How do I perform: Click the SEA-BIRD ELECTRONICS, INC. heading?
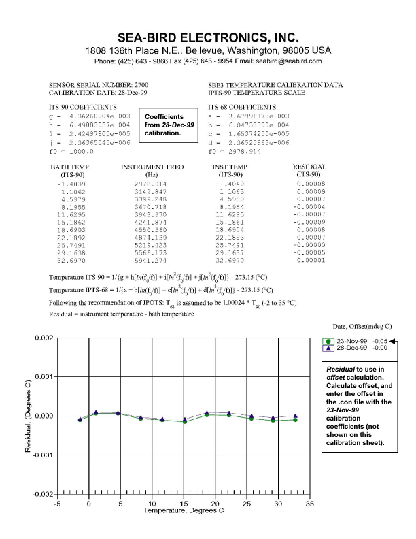pos(208,37)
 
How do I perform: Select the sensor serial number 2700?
pos(130,85)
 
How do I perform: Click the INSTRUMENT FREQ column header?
pos(149,170)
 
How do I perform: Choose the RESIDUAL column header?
pos(309,170)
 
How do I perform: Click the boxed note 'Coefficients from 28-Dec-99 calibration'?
pos(167,125)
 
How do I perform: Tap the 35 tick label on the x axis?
pos(309,504)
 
